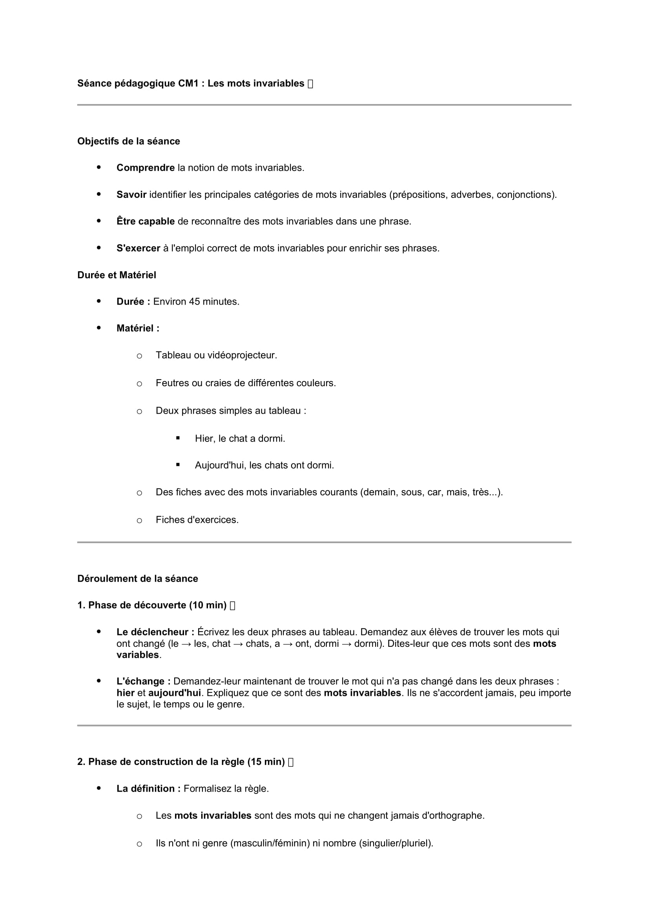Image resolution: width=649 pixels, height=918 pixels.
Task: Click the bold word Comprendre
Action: (x=146, y=168)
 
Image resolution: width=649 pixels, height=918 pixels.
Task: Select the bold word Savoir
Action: (x=131, y=195)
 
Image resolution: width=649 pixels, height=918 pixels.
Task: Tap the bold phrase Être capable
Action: (x=146, y=221)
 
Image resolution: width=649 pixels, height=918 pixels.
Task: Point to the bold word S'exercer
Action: (x=138, y=248)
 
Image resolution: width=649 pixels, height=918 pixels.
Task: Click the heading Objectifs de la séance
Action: (x=129, y=141)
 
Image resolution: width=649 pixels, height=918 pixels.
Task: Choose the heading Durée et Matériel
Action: (x=117, y=275)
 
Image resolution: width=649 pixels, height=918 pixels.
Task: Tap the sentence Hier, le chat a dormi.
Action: (x=240, y=439)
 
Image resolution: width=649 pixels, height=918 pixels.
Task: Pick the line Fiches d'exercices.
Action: (x=197, y=520)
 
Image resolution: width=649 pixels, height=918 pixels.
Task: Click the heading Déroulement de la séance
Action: (x=137, y=579)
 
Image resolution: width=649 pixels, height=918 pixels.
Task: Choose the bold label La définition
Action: (x=148, y=788)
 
